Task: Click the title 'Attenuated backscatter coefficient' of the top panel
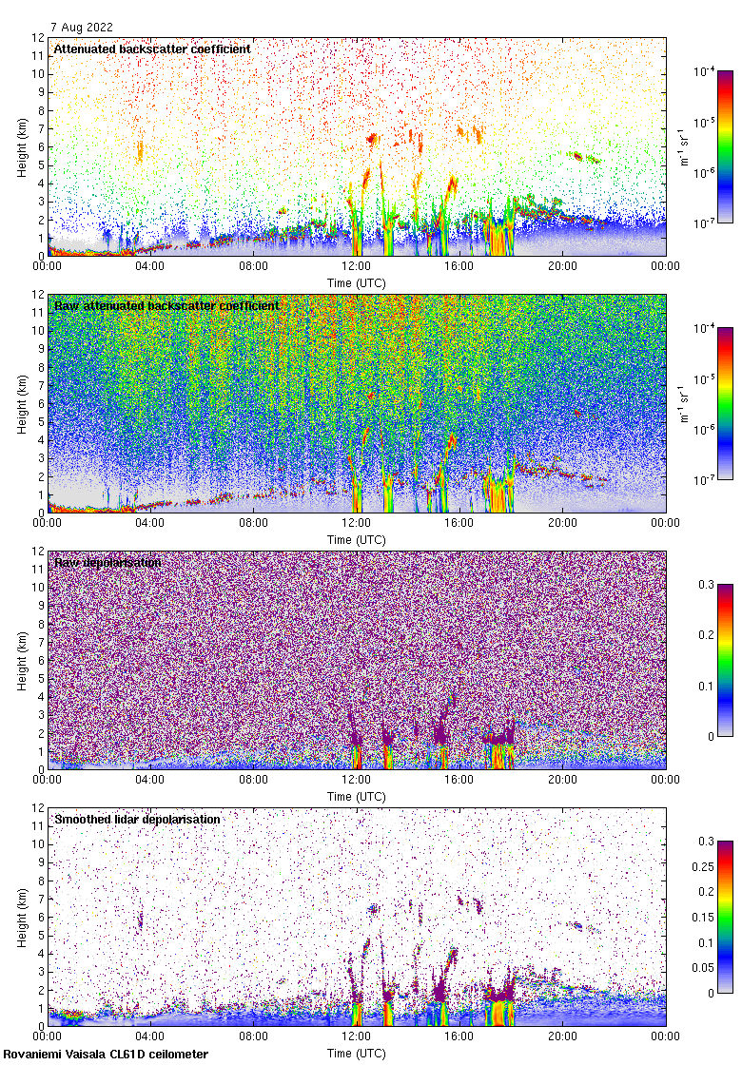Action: coord(152,48)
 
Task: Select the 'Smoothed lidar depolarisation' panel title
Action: coord(137,819)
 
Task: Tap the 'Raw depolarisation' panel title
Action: coord(107,562)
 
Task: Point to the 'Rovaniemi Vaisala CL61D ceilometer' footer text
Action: coord(106,1054)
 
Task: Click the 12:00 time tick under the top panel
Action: coord(357,266)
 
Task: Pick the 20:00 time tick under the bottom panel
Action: coord(562,1036)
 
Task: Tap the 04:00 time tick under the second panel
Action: coord(150,523)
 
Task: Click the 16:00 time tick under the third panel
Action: coord(459,780)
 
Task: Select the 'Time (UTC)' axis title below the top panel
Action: coord(357,282)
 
